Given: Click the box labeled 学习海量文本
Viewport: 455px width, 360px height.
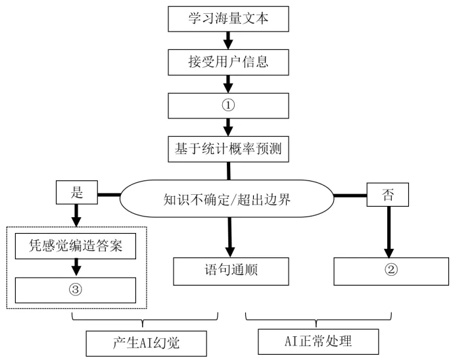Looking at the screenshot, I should (x=228, y=18).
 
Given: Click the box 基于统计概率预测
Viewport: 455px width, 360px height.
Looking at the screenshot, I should (x=228, y=148).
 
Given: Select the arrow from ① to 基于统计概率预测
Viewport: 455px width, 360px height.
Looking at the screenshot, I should (x=228, y=126).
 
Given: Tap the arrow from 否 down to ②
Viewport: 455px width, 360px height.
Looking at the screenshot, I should (x=389, y=230).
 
